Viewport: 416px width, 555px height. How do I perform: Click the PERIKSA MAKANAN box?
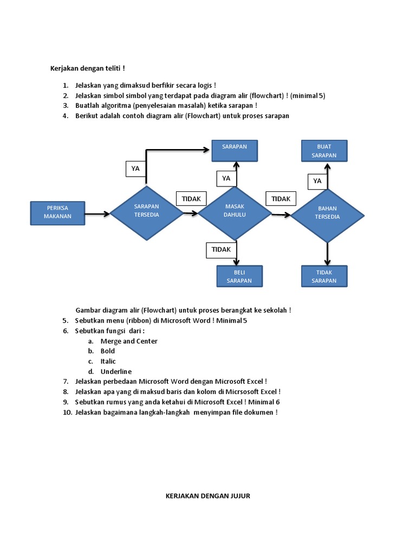[58, 212]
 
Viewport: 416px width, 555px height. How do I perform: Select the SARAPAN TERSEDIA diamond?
[146, 212]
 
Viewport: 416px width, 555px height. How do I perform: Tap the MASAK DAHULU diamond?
[235, 212]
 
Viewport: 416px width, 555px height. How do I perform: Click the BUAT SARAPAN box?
[324, 151]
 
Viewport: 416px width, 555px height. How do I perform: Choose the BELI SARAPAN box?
[239, 276]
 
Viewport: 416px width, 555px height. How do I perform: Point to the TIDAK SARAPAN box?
[324, 276]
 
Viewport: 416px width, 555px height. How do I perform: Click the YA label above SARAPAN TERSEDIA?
[135, 169]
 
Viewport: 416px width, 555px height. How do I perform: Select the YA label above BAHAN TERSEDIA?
[317, 181]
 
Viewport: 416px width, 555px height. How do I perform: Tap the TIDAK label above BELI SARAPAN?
[221, 250]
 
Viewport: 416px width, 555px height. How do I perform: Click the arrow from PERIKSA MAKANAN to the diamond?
[97, 214]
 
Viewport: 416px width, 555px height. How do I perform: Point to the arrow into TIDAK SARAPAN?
[327, 254]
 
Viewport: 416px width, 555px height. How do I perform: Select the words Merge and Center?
[129, 341]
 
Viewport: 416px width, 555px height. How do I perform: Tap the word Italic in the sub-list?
[108, 361]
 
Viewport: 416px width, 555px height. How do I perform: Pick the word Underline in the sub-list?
[116, 371]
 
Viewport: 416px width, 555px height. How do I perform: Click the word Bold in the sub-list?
[107, 351]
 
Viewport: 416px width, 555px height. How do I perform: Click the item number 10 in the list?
[66, 412]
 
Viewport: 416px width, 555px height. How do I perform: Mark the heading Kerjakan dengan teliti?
[87, 68]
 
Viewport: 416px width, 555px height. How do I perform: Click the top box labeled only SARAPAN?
[235, 151]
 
